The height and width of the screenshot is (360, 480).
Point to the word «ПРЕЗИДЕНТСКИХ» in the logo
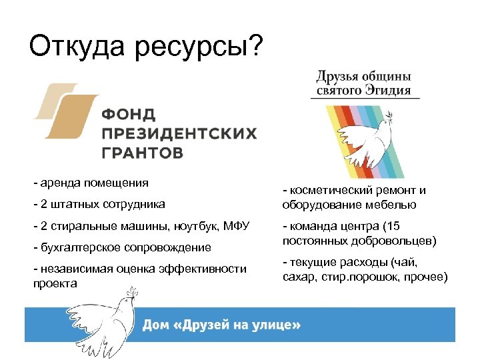tap(179, 133)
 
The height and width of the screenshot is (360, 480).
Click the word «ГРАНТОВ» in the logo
tap(143, 153)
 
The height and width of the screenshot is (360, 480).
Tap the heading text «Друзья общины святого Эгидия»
tap(364, 83)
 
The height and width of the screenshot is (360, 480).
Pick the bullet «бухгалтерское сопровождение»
tap(122, 247)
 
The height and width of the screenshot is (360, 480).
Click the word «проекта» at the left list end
tap(55, 283)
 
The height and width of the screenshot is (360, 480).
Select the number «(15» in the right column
tap(392, 226)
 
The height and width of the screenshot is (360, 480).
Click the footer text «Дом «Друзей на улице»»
tap(221, 325)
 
